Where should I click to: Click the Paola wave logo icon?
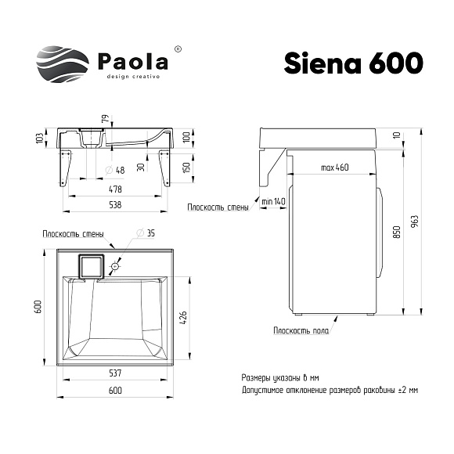[63, 63]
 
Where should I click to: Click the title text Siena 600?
[354, 63]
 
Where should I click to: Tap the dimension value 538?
[116, 205]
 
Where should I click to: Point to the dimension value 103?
[39, 139]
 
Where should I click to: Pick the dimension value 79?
[102, 121]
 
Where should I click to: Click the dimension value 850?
[398, 232]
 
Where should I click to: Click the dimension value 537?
[116, 373]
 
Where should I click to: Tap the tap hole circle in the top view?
[116, 267]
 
